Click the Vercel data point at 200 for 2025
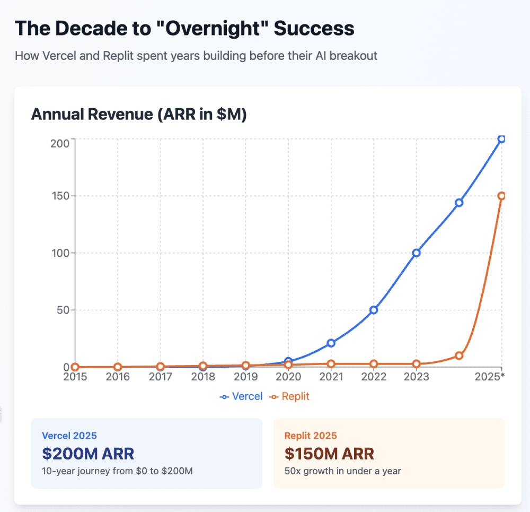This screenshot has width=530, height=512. (x=501, y=139)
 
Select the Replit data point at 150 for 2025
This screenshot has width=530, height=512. (x=501, y=196)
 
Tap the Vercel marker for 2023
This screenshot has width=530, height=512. (x=416, y=253)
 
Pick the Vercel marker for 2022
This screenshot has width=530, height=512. (x=374, y=310)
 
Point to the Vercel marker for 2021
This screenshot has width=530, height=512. (x=331, y=343)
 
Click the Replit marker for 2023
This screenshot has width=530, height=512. (x=416, y=364)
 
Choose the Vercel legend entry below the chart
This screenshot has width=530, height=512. (x=241, y=396)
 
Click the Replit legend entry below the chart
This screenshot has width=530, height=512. (x=289, y=396)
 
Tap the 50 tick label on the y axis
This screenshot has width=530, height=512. (x=63, y=310)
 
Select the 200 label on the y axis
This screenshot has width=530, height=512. (x=60, y=143)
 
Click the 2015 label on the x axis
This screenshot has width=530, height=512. (x=75, y=377)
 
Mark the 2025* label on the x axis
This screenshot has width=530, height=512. (x=489, y=377)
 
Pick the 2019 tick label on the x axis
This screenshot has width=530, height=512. (x=245, y=377)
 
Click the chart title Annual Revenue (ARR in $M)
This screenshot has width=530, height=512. (x=139, y=115)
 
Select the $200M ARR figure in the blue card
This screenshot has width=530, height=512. (x=88, y=454)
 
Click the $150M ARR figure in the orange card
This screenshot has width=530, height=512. (x=329, y=454)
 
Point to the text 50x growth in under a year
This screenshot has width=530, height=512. (x=342, y=471)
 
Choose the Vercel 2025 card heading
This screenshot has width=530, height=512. (x=69, y=436)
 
